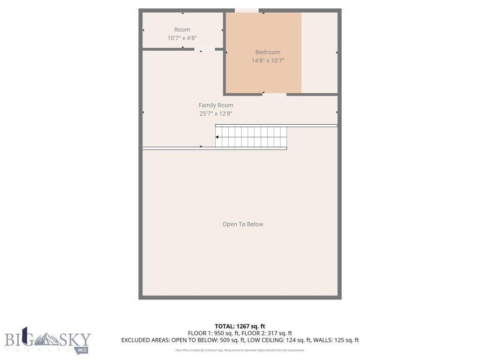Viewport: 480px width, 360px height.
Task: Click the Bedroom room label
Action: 268,52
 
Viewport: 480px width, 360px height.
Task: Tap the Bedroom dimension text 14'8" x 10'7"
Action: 268,60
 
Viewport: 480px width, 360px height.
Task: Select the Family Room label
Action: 216,105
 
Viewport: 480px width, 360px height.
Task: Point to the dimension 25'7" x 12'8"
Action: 216,113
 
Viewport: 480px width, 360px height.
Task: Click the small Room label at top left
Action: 182,30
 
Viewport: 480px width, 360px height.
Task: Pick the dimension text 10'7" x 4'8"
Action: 182,38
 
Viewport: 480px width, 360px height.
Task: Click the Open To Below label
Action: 242,224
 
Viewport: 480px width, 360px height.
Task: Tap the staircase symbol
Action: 251,136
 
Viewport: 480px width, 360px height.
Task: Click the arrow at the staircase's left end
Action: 217,137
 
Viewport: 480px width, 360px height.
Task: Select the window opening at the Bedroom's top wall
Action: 247,10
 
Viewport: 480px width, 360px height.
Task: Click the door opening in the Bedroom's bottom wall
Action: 274,94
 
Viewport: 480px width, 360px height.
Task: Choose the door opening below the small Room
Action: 205,49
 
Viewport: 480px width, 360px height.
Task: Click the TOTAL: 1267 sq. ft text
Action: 240,326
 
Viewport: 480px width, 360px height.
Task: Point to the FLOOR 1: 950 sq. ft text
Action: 213,333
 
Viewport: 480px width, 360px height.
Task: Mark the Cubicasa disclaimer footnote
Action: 240,350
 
